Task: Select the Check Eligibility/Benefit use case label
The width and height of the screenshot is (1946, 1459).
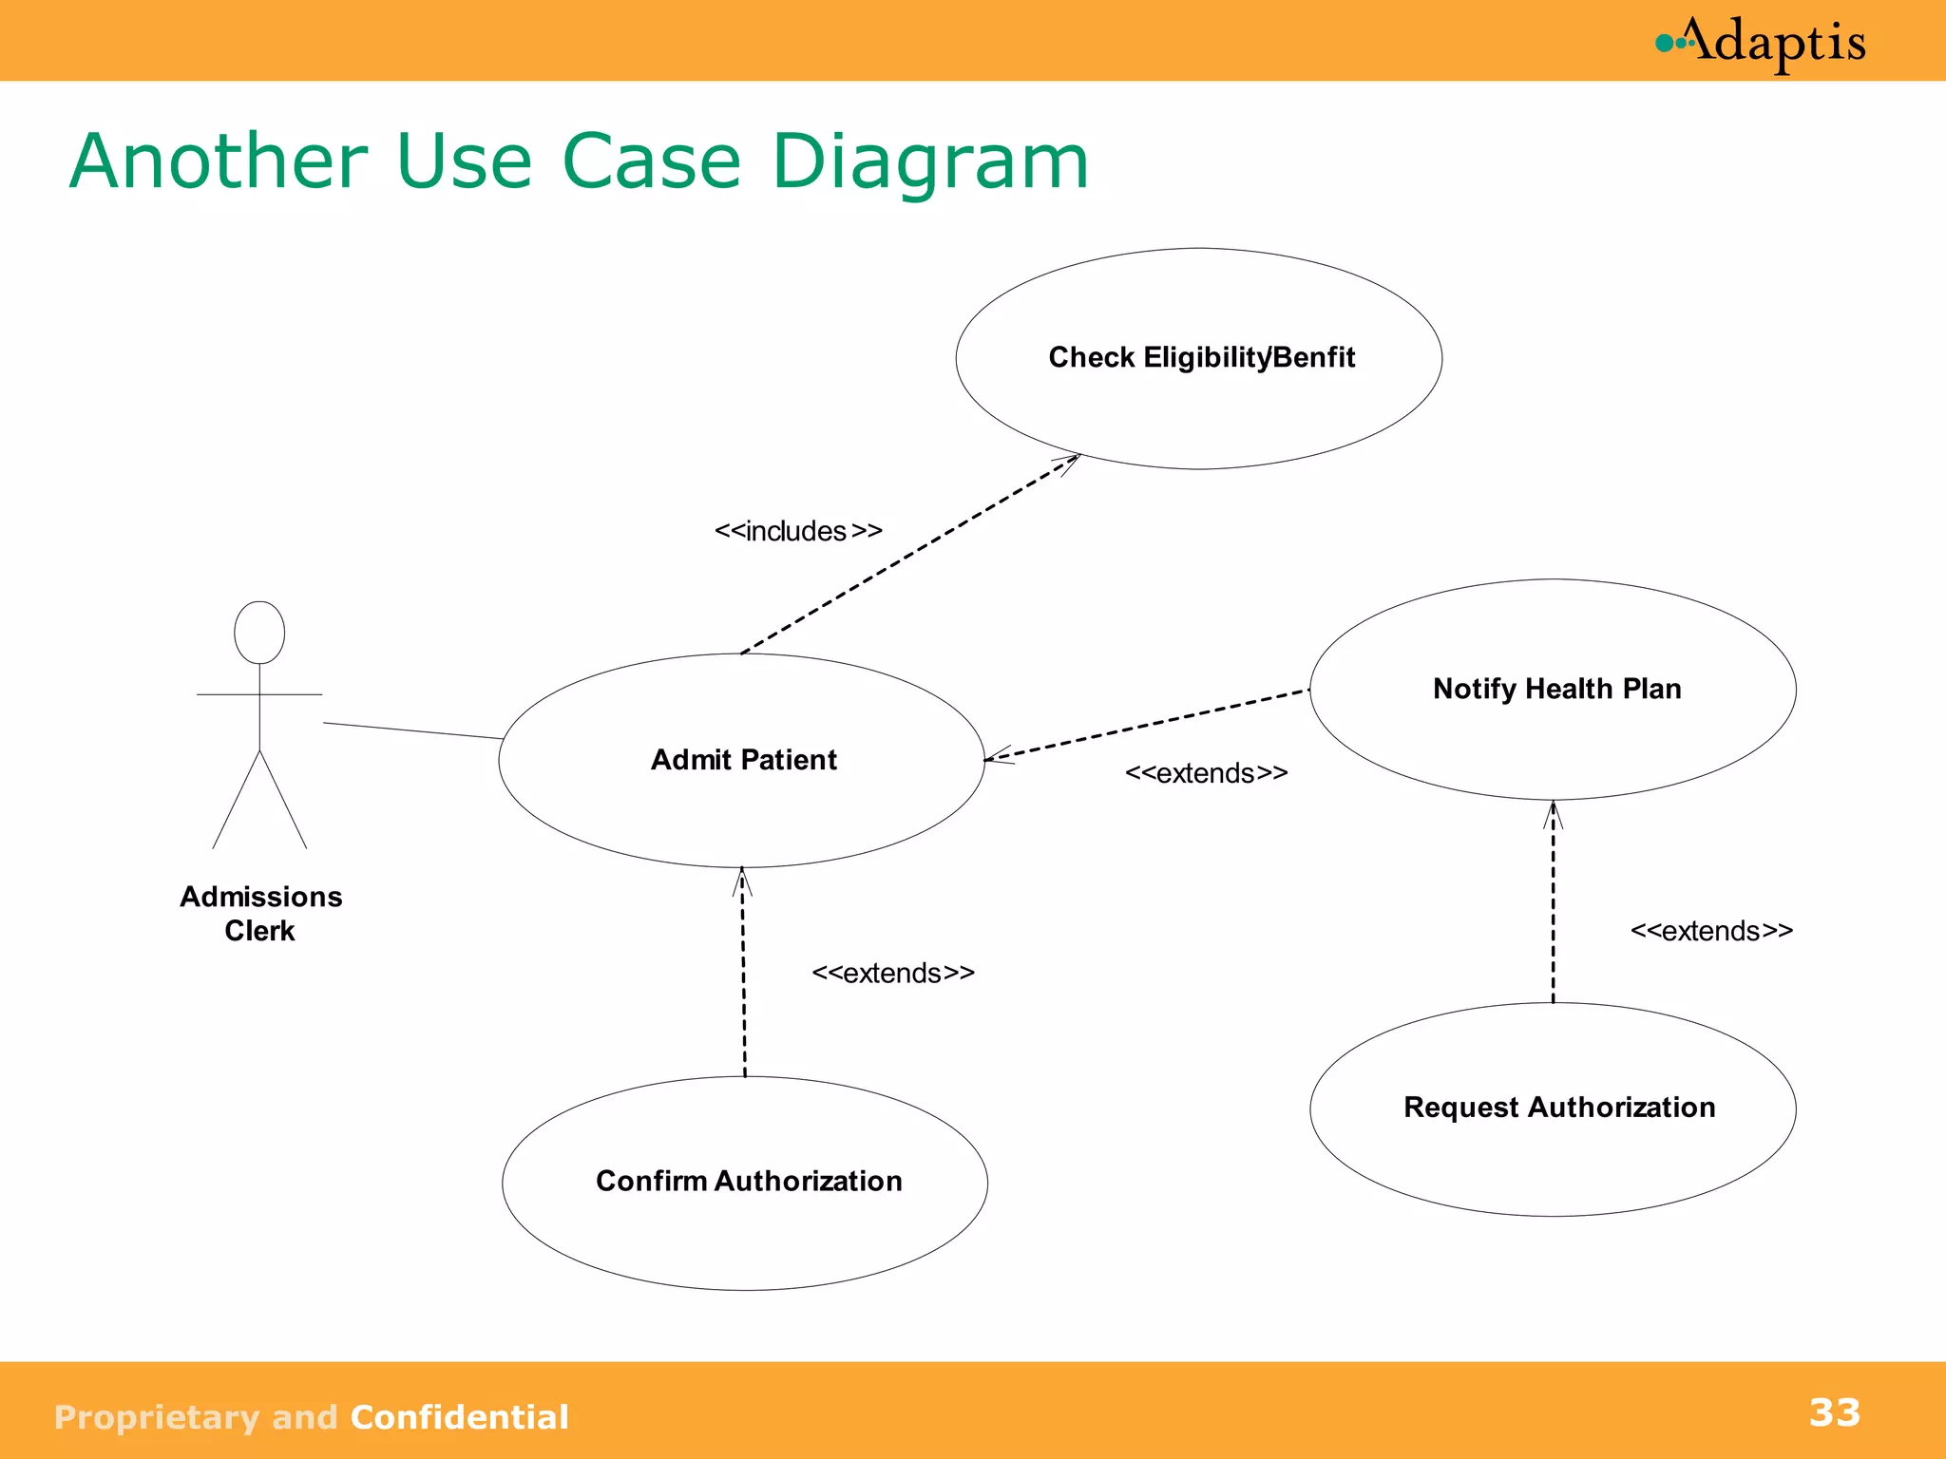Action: tap(1201, 357)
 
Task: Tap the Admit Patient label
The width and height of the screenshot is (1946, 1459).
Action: tap(743, 760)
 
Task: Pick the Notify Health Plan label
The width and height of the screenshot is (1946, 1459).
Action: tap(1556, 689)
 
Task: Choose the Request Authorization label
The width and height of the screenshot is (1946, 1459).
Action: tap(1558, 1108)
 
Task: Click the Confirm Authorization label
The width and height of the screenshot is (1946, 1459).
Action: tap(749, 1181)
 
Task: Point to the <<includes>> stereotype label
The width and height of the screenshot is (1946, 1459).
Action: tap(798, 531)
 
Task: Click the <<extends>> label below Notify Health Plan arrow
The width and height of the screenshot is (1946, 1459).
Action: tap(1206, 773)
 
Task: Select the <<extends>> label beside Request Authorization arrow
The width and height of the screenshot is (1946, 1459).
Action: tap(1711, 931)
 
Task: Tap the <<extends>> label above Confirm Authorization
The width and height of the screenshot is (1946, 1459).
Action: tap(892, 974)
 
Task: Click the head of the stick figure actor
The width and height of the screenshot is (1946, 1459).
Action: tap(259, 633)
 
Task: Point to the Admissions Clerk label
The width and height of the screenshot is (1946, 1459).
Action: tap(260, 913)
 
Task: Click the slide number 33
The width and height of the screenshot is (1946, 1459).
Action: tap(1834, 1412)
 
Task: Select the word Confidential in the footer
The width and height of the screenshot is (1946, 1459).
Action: tap(459, 1417)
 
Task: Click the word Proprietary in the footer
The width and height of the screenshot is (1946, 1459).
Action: tap(156, 1417)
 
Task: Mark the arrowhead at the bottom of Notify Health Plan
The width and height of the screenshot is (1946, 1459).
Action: tap(1553, 813)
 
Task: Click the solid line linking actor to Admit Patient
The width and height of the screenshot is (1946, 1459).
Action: tap(412, 730)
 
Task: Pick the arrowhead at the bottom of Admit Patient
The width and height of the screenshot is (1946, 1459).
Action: tap(742, 880)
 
